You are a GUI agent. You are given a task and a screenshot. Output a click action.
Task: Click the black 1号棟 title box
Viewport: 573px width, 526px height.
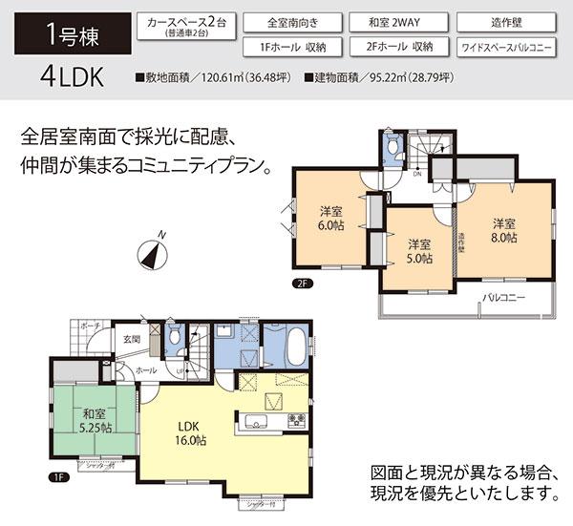point(67,35)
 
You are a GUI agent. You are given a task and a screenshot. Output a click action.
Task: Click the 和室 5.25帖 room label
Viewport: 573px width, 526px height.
point(93,421)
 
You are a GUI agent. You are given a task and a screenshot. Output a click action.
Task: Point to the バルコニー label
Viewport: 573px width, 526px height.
point(503,299)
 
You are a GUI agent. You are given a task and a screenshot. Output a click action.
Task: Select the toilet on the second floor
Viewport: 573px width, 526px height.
point(391,149)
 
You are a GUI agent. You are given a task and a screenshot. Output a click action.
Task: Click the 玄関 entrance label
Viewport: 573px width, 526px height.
point(131,339)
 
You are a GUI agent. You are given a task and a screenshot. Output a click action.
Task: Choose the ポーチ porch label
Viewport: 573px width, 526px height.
point(91,325)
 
